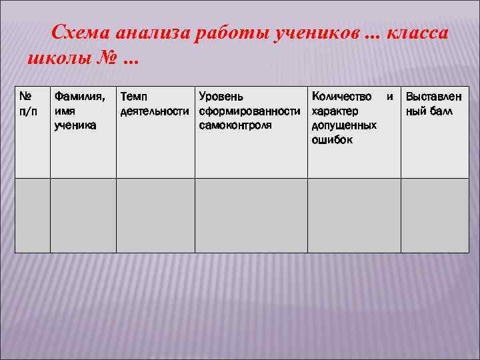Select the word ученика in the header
(75, 125)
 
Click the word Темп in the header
(134, 97)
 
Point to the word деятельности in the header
(155, 111)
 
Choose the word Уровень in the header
(221, 97)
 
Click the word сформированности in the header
(250, 111)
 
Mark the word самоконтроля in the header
(235, 125)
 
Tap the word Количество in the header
(342, 97)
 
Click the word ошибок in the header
(331, 140)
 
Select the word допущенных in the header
(344, 125)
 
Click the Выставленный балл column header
(433, 104)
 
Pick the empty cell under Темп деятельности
(155, 215)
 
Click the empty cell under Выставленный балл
(433, 215)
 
